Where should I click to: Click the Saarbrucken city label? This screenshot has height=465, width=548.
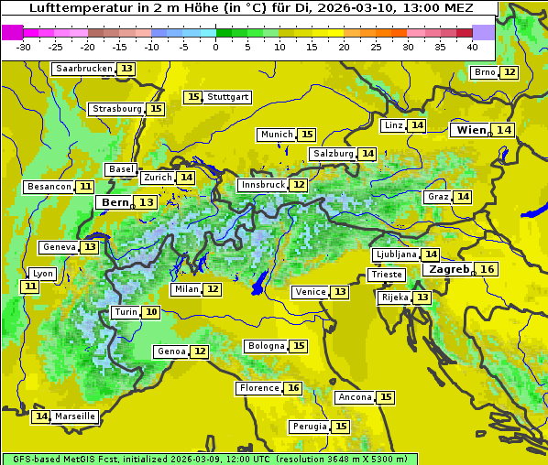pyautogui.click(x=83, y=69)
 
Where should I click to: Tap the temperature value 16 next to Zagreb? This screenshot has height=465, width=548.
pyautogui.click(x=488, y=269)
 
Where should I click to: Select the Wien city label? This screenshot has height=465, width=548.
pyautogui.click(x=472, y=130)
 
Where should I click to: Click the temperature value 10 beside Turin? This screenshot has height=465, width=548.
pyautogui.click(x=151, y=312)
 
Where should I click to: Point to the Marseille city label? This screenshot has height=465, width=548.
pyautogui.click(x=75, y=416)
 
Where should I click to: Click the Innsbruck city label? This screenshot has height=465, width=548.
pyautogui.click(x=262, y=185)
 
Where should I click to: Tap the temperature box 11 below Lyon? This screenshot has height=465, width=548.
pyautogui.click(x=30, y=287)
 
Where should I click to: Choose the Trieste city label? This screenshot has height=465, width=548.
pyautogui.click(x=386, y=275)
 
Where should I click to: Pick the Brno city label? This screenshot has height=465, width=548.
pyautogui.click(x=484, y=72)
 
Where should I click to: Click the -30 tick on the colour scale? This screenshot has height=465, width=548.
pyautogui.click(x=24, y=47)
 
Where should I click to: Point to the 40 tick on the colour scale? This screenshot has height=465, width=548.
pyautogui.click(x=472, y=47)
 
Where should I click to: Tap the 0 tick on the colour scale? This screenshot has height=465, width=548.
pyautogui.click(x=216, y=47)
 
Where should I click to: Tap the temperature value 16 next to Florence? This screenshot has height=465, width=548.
pyautogui.click(x=293, y=388)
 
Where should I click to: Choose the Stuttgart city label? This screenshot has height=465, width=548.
pyautogui.click(x=228, y=97)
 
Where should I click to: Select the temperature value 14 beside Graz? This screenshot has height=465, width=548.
pyautogui.click(x=463, y=197)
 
